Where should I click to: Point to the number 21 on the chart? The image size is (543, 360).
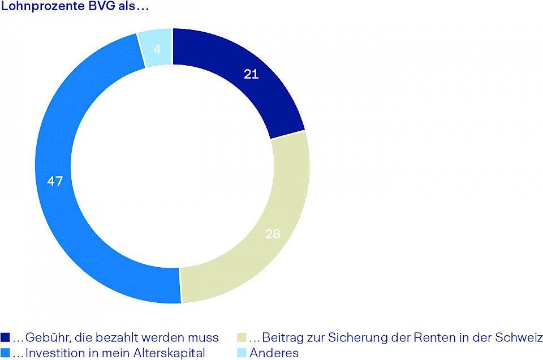251,74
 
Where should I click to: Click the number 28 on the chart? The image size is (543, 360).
273,234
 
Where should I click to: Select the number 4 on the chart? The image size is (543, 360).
157,49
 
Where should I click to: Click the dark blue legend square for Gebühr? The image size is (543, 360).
5,338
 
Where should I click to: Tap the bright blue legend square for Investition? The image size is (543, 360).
5,353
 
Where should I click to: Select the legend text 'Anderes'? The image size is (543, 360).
274,353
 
